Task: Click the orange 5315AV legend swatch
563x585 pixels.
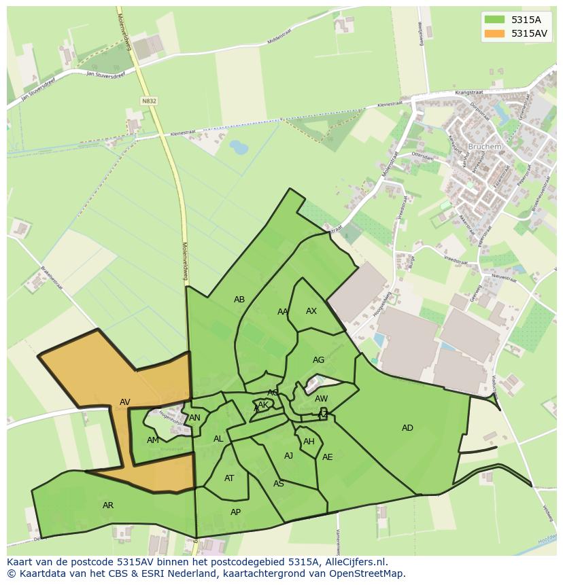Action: (495, 33)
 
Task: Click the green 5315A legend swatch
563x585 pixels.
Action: (495, 20)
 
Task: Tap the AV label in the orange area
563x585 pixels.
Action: (125, 402)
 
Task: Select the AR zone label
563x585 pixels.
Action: (108, 505)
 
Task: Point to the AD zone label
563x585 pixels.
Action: (407, 427)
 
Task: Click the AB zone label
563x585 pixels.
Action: (239, 299)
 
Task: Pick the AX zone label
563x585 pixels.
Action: (311, 311)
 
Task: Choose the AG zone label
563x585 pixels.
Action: (318, 360)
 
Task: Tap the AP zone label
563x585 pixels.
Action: (235, 512)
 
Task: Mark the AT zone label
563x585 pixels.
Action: (229, 478)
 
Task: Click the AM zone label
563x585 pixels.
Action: (152, 440)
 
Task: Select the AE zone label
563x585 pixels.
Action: (328, 457)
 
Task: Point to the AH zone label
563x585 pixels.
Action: (309, 442)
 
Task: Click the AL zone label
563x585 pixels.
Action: (218, 439)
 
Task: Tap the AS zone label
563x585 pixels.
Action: (278, 484)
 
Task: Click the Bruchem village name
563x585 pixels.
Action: (485, 146)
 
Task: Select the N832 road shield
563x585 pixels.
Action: (150, 101)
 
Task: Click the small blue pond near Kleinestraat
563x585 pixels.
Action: (239, 147)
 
